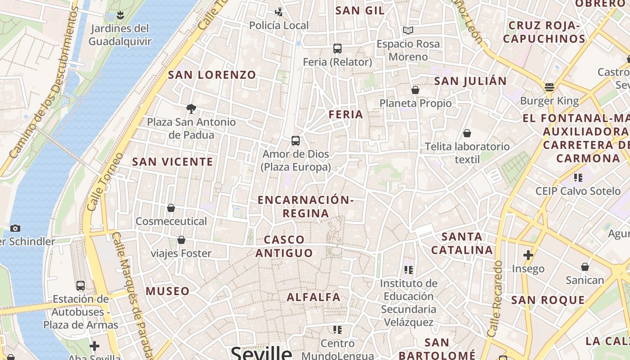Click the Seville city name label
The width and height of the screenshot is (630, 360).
coord(261,353)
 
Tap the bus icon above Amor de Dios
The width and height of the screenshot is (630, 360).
coord(296,141)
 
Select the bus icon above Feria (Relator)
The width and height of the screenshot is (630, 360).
coord(337,49)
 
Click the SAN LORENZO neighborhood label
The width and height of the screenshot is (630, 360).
coord(212,75)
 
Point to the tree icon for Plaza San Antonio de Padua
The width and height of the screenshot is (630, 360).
coord(191,108)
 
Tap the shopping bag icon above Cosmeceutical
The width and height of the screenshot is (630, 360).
coord(171,208)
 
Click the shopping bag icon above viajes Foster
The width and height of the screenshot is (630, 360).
coord(181,240)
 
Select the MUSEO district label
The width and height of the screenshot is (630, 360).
coord(167,291)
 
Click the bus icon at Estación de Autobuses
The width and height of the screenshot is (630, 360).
coord(81,286)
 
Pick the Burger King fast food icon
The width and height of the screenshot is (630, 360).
coord(549,87)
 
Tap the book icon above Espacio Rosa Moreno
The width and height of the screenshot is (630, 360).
coord(408,31)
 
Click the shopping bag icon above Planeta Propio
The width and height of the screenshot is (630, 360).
coord(415,90)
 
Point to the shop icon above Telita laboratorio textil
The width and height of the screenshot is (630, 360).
coord(467,133)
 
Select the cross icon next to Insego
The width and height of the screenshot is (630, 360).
coord(528,256)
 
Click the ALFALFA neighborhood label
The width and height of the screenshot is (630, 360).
coord(314,297)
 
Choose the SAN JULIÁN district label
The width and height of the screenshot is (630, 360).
coord(470,81)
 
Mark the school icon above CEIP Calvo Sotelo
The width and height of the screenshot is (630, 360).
coord(578,178)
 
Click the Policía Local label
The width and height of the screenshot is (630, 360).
coord(279,26)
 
